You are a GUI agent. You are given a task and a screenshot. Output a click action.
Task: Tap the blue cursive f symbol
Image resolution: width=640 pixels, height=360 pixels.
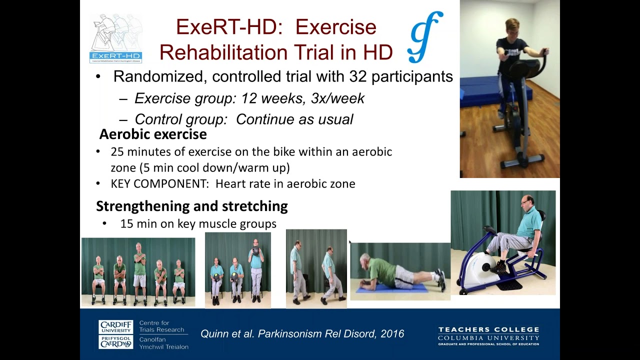tap(425, 36)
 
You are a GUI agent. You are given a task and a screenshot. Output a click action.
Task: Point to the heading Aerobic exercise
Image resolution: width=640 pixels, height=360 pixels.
tap(152, 134)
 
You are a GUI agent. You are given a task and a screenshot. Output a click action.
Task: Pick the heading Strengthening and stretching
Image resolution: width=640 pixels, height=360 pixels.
tap(191, 206)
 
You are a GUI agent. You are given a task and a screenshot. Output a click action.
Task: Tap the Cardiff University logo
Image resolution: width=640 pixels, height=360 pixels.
tap(116, 334)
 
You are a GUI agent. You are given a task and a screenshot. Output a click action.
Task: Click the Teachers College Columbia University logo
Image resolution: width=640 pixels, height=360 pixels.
tap(488, 335)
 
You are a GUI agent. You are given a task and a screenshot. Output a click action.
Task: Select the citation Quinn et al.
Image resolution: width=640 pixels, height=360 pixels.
tap(227, 333)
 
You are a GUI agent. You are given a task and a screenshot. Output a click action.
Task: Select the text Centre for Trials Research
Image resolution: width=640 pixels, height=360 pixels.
tap(161, 326)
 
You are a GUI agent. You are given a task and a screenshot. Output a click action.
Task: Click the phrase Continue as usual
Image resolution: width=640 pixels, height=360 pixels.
tap(294, 119)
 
